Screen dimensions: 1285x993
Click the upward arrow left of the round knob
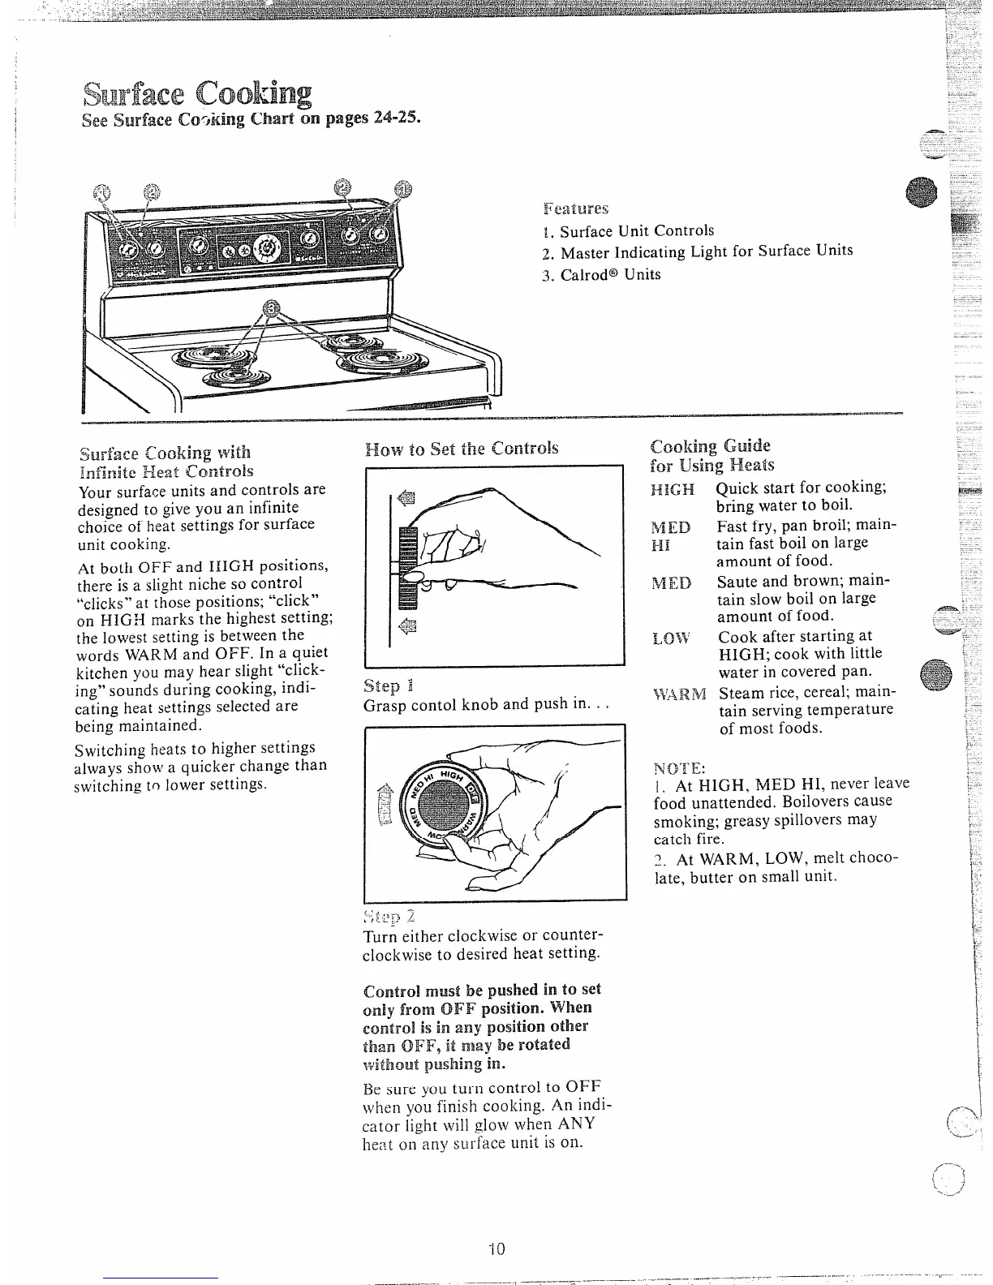pos(387,799)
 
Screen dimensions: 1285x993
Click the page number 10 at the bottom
pos(496,1248)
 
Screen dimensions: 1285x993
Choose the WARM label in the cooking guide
pos(679,694)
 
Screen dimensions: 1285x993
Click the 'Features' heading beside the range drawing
pos(575,209)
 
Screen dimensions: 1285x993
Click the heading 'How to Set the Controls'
pos(462,448)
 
